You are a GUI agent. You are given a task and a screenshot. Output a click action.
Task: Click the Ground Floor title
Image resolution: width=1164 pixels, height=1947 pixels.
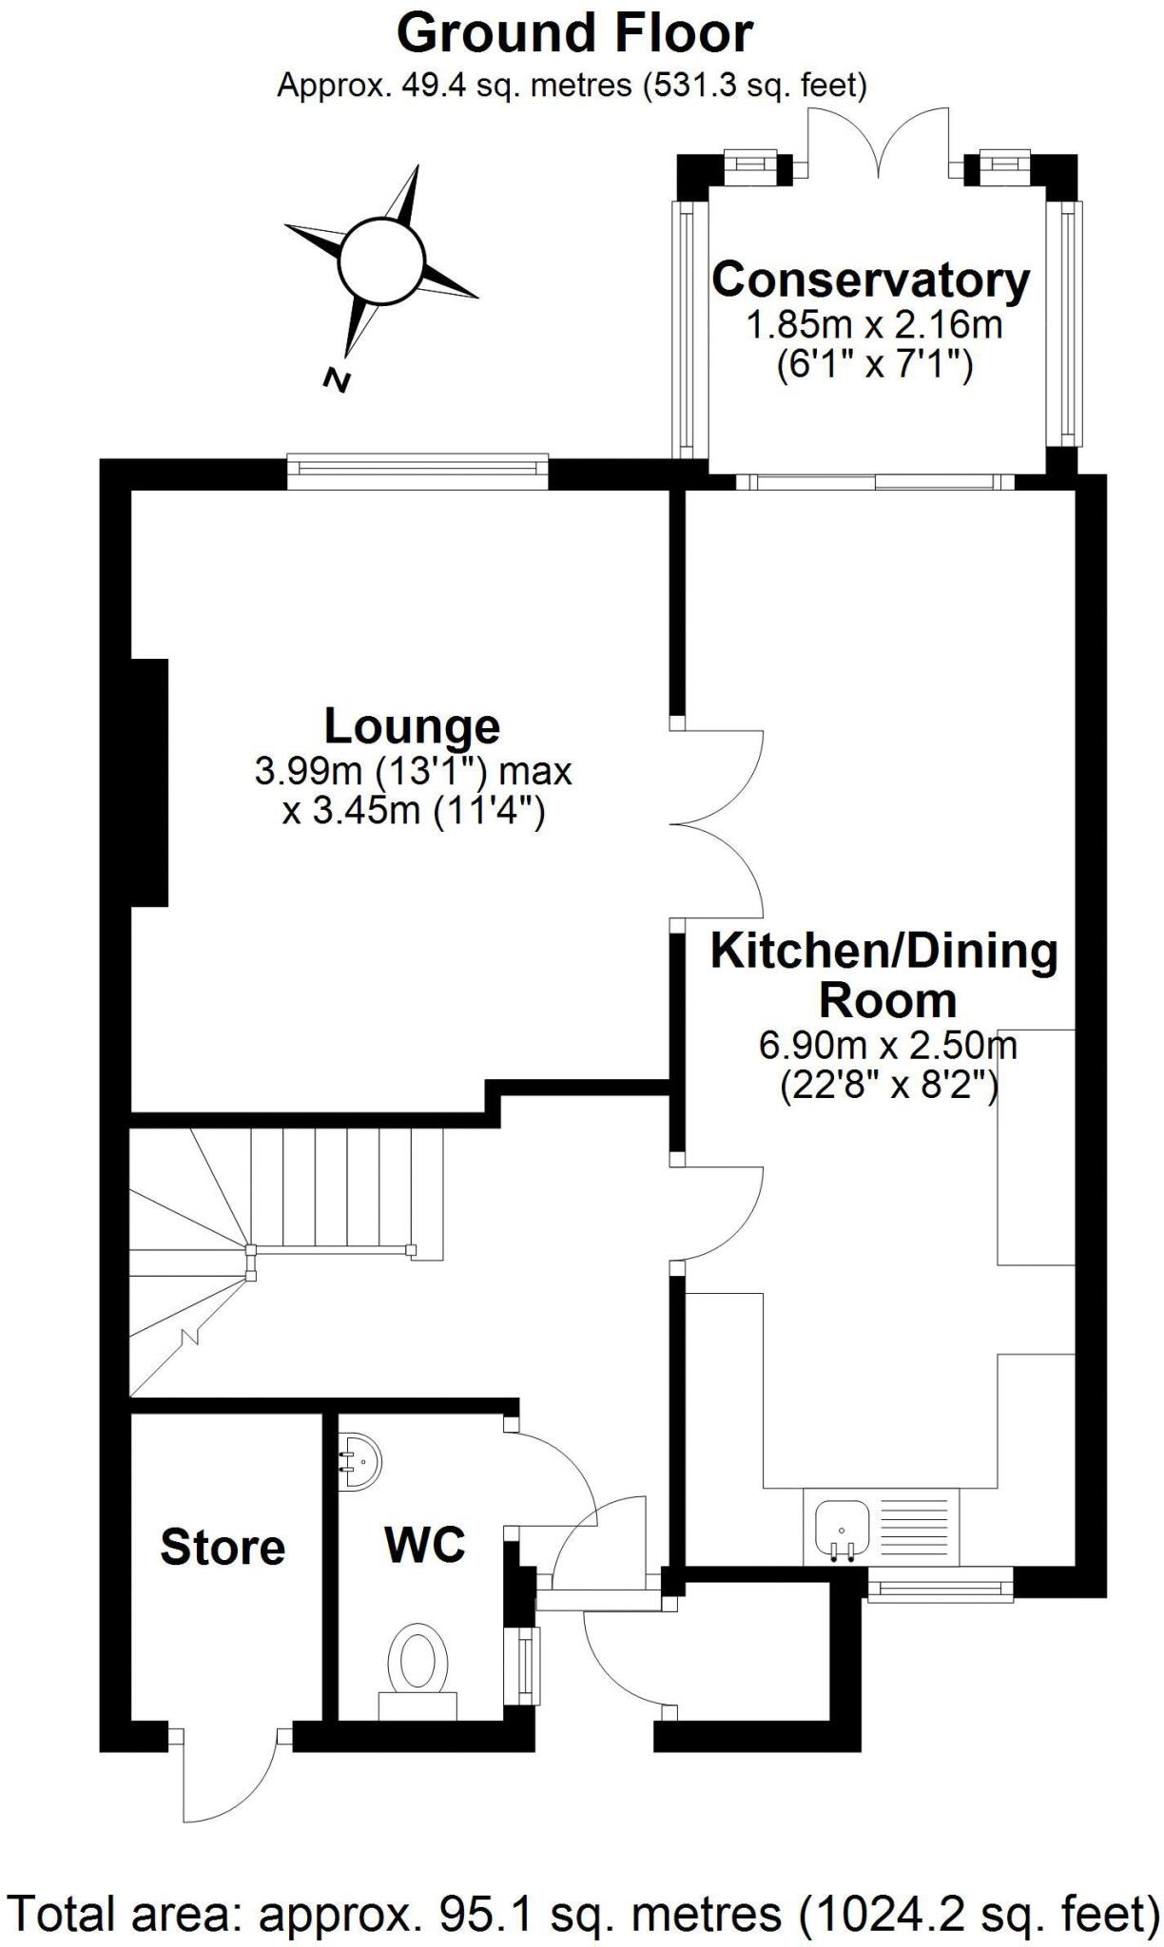[574, 34]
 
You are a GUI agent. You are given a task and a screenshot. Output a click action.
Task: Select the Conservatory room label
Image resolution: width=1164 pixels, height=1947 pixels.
[870, 280]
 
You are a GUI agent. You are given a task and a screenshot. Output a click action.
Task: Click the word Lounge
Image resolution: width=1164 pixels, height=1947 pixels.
[412, 726]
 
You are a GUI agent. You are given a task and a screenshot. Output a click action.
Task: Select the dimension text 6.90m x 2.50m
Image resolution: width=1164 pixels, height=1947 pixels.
[887, 1046]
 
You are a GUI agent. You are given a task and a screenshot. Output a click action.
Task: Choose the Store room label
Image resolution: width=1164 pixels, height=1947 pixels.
[223, 1548]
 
